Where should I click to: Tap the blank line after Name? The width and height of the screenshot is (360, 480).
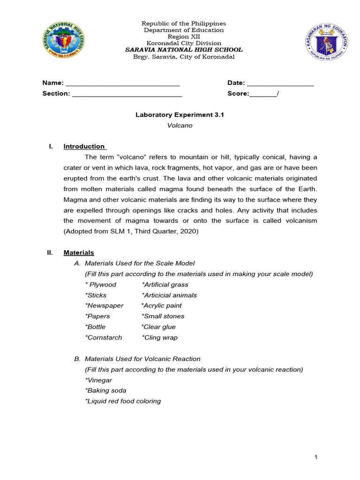[122, 84]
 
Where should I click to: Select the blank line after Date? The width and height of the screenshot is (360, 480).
[280, 84]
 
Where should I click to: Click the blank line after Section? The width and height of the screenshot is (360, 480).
[127, 95]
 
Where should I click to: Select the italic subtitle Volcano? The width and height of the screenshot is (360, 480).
[180, 125]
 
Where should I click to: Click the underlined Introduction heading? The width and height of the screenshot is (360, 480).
[84, 146]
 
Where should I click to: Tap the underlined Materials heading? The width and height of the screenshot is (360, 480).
[79, 253]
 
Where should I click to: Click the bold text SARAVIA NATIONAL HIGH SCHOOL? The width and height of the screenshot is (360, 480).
[184, 50]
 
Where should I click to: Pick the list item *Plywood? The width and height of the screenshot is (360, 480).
[101, 285]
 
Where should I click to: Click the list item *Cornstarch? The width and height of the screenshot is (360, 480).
[104, 337]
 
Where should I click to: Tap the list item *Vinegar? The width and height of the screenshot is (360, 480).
[98, 380]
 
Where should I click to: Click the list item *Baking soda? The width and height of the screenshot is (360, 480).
[105, 390]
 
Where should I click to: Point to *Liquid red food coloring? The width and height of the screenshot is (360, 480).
[123, 401]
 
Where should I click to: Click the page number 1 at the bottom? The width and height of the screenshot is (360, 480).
[316, 457]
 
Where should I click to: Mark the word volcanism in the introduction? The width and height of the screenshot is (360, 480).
[299, 220]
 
